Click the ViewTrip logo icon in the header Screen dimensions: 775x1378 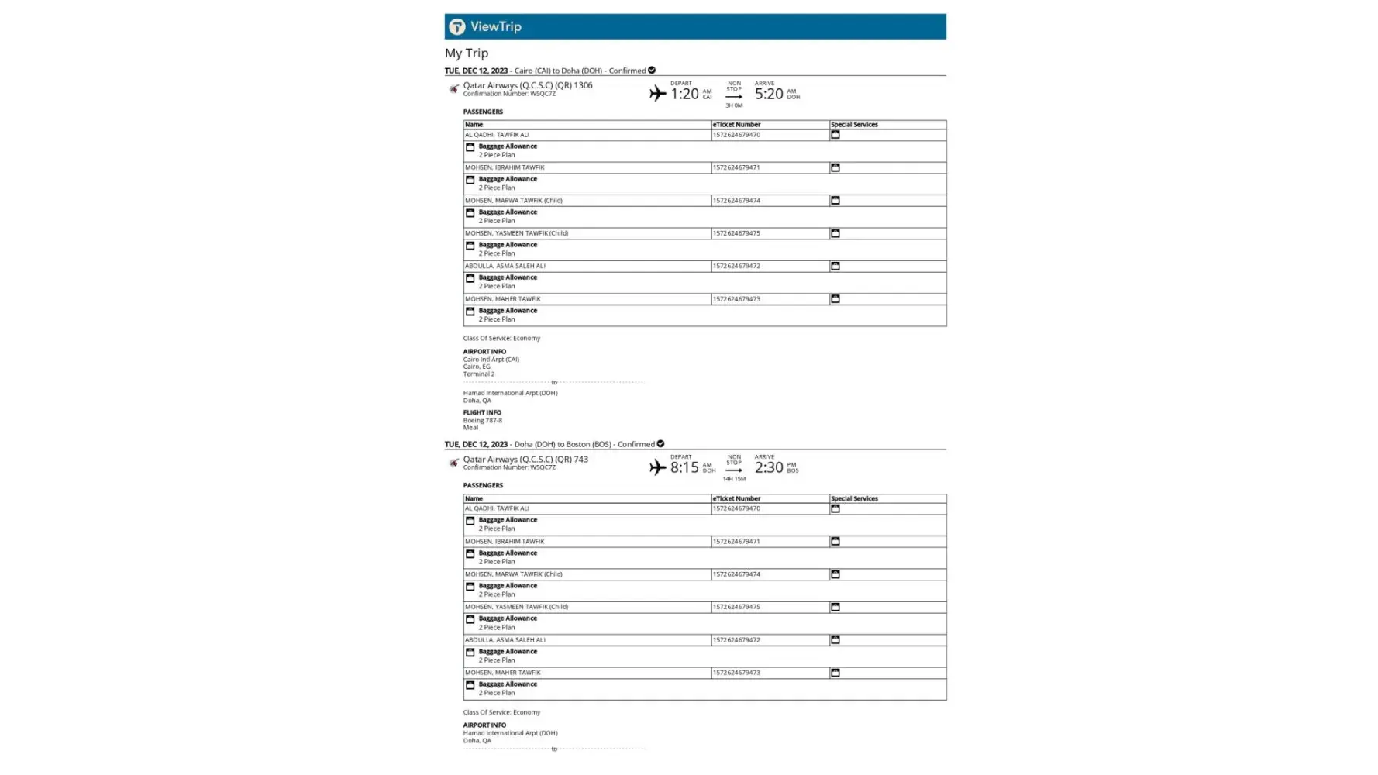457,27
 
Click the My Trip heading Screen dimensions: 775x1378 467,53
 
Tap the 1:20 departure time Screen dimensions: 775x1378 684,95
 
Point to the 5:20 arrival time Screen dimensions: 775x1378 769,95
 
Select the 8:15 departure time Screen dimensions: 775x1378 684,468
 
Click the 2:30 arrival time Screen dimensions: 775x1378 769,468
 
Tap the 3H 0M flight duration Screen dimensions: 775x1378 734,105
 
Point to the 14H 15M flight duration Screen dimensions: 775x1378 734,479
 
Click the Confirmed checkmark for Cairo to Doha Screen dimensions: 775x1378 652,71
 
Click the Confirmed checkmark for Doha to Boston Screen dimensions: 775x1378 660,444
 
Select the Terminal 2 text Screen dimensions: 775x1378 479,374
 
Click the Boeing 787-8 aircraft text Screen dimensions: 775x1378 483,421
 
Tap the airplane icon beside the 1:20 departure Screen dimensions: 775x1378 658,94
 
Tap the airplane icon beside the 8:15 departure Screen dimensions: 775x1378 658,467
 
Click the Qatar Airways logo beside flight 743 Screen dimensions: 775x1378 453,463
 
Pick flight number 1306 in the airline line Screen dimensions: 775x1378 583,85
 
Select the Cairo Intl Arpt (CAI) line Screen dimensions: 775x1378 491,360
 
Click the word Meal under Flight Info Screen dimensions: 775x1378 470,428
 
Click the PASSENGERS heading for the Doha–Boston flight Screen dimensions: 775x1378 483,486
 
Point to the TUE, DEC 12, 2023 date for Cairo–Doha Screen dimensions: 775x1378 476,71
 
